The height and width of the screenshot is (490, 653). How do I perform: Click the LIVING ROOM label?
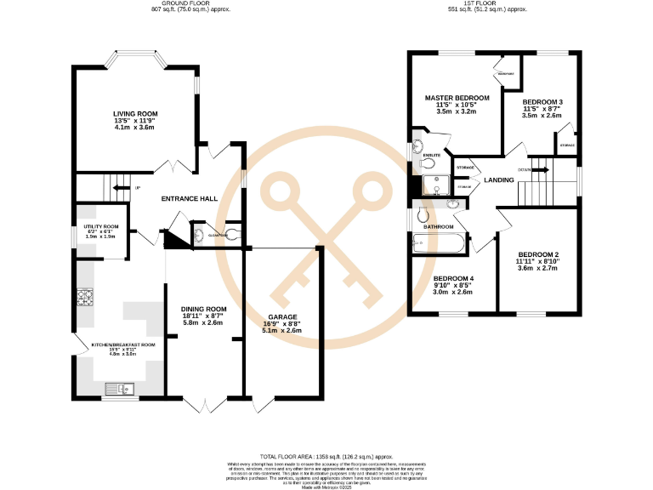[136, 113]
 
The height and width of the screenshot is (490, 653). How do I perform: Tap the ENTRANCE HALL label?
[190, 199]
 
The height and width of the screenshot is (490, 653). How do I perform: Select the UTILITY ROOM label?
[100, 225]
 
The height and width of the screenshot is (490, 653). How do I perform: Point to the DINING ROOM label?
[204, 309]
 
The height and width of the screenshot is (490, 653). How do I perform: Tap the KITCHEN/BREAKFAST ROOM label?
[123, 345]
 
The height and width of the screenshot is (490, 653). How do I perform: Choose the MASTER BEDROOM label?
[457, 98]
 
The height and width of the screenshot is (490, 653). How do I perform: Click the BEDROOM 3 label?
[542, 102]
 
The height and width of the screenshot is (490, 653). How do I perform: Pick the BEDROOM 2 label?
[538, 255]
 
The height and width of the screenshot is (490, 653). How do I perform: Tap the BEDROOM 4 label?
[454, 279]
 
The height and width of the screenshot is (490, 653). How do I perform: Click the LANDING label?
[499, 180]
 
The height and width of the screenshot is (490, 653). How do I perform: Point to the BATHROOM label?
[440, 227]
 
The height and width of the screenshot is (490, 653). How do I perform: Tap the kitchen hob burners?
[86, 298]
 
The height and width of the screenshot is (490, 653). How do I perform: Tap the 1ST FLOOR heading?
[487, 4]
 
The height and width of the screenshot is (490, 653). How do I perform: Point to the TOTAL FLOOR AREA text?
[326, 456]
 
